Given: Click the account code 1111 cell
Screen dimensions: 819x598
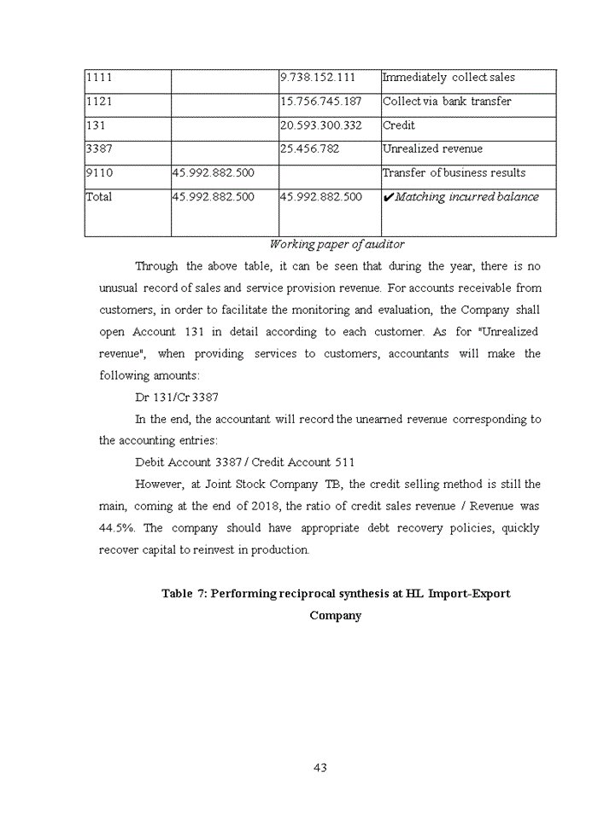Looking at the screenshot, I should pyautogui.click(x=99, y=78).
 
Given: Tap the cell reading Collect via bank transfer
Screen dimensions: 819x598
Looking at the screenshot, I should pyautogui.click(x=447, y=102).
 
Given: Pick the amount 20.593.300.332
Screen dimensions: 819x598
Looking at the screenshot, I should pyautogui.click(x=321, y=125).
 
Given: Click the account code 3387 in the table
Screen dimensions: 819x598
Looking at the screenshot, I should pyautogui.click(x=99, y=149).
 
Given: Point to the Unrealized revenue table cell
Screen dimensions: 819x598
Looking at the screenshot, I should pyautogui.click(x=432, y=149).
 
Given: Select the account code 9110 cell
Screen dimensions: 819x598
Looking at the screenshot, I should pyautogui.click(x=99, y=173).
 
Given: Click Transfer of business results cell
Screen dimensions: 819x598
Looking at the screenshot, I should pyautogui.click(x=454, y=173).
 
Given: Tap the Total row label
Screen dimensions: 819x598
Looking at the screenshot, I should pyautogui.click(x=99, y=197).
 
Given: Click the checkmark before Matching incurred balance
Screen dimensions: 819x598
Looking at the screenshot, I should pyautogui.click(x=388, y=198).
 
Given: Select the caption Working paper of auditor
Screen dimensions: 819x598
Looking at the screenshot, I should pyautogui.click(x=337, y=245).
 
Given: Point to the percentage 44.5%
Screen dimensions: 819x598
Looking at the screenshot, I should pyautogui.click(x=117, y=528).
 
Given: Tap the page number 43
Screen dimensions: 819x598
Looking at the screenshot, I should pyautogui.click(x=320, y=768).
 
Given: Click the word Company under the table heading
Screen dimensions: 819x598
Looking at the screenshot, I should pyautogui.click(x=336, y=615).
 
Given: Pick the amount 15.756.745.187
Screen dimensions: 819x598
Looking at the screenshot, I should pyautogui.click(x=321, y=102).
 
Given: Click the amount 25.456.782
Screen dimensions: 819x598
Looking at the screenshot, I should pyautogui.click(x=309, y=149).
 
